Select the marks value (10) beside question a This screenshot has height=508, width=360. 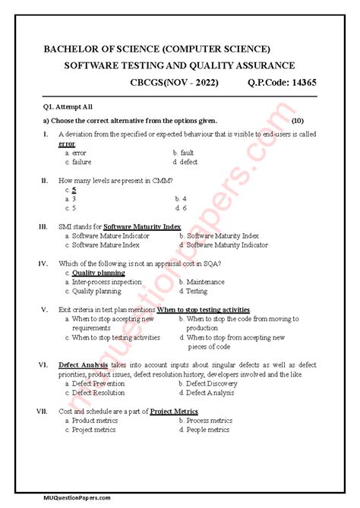[298, 121]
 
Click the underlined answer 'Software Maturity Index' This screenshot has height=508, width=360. [142, 226]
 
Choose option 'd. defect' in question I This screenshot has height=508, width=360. [185, 162]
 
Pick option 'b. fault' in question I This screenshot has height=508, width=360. [183, 153]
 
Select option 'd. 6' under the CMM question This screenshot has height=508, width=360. [179, 207]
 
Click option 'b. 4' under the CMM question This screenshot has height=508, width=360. [179, 198]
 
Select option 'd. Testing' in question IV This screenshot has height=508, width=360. [193, 291]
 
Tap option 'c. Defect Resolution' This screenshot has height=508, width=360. [95, 393]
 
